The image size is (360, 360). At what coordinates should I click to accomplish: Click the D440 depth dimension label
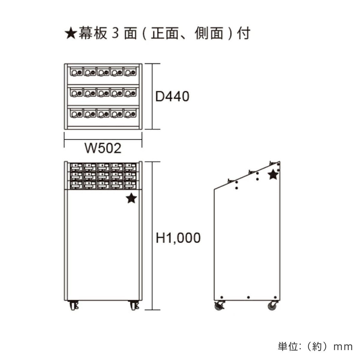tap(172, 97)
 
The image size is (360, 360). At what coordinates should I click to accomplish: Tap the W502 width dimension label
tap(103, 148)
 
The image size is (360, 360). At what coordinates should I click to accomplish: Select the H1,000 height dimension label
tap(178, 238)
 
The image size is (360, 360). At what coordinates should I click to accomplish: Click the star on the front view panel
tap(131, 198)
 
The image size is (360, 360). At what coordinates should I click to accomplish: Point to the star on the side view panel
tap(273, 175)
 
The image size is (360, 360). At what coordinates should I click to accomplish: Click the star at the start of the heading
tap(71, 34)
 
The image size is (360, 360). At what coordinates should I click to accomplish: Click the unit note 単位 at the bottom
tap(288, 347)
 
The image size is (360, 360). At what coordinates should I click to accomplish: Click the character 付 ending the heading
tap(243, 34)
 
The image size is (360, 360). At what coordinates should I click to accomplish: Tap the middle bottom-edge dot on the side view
tap(248, 297)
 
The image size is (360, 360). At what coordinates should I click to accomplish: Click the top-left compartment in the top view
tap(76, 72)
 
